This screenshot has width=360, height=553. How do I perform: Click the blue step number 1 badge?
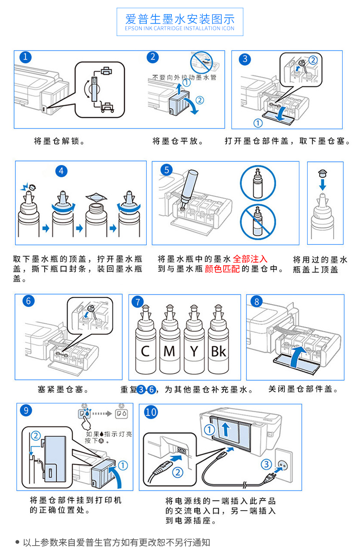click(26, 57)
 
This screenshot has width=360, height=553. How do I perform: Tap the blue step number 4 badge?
click(61, 171)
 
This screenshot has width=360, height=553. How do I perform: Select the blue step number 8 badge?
click(257, 301)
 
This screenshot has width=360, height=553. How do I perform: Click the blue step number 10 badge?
click(151, 412)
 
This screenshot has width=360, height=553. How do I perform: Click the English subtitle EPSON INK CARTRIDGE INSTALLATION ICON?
click(180, 28)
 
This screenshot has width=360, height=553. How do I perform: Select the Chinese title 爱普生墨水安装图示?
click(180, 19)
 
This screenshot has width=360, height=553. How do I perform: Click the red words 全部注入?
click(250, 259)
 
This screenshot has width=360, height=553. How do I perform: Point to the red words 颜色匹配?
click(222, 269)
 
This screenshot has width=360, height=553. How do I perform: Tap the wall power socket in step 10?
click(284, 465)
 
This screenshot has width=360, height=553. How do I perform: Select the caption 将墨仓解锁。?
click(59, 141)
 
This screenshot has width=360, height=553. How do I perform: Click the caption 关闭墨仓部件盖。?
click(303, 389)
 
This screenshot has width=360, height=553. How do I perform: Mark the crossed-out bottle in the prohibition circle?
click(258, 222)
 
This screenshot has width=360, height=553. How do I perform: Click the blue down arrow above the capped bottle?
click(323, 185)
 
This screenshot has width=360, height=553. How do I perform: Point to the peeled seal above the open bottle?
click(96, 197)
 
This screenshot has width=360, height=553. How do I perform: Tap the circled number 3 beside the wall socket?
click(266, 465)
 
